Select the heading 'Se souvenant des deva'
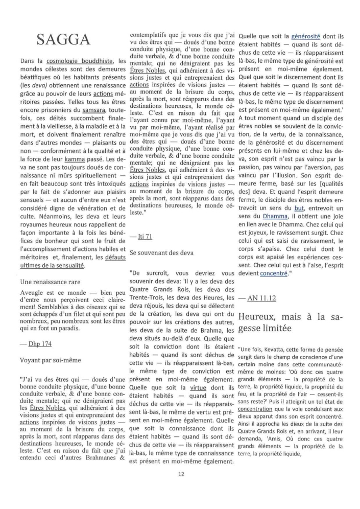[163, 252]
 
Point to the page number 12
[181, 474]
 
